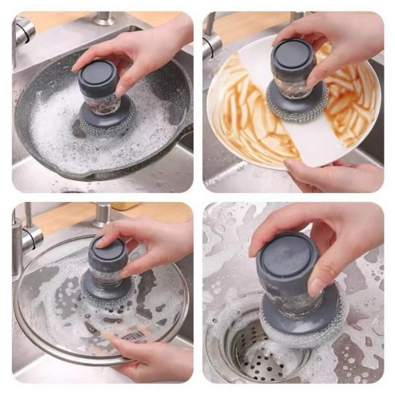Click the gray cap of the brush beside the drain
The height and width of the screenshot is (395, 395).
click(286, 257)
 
